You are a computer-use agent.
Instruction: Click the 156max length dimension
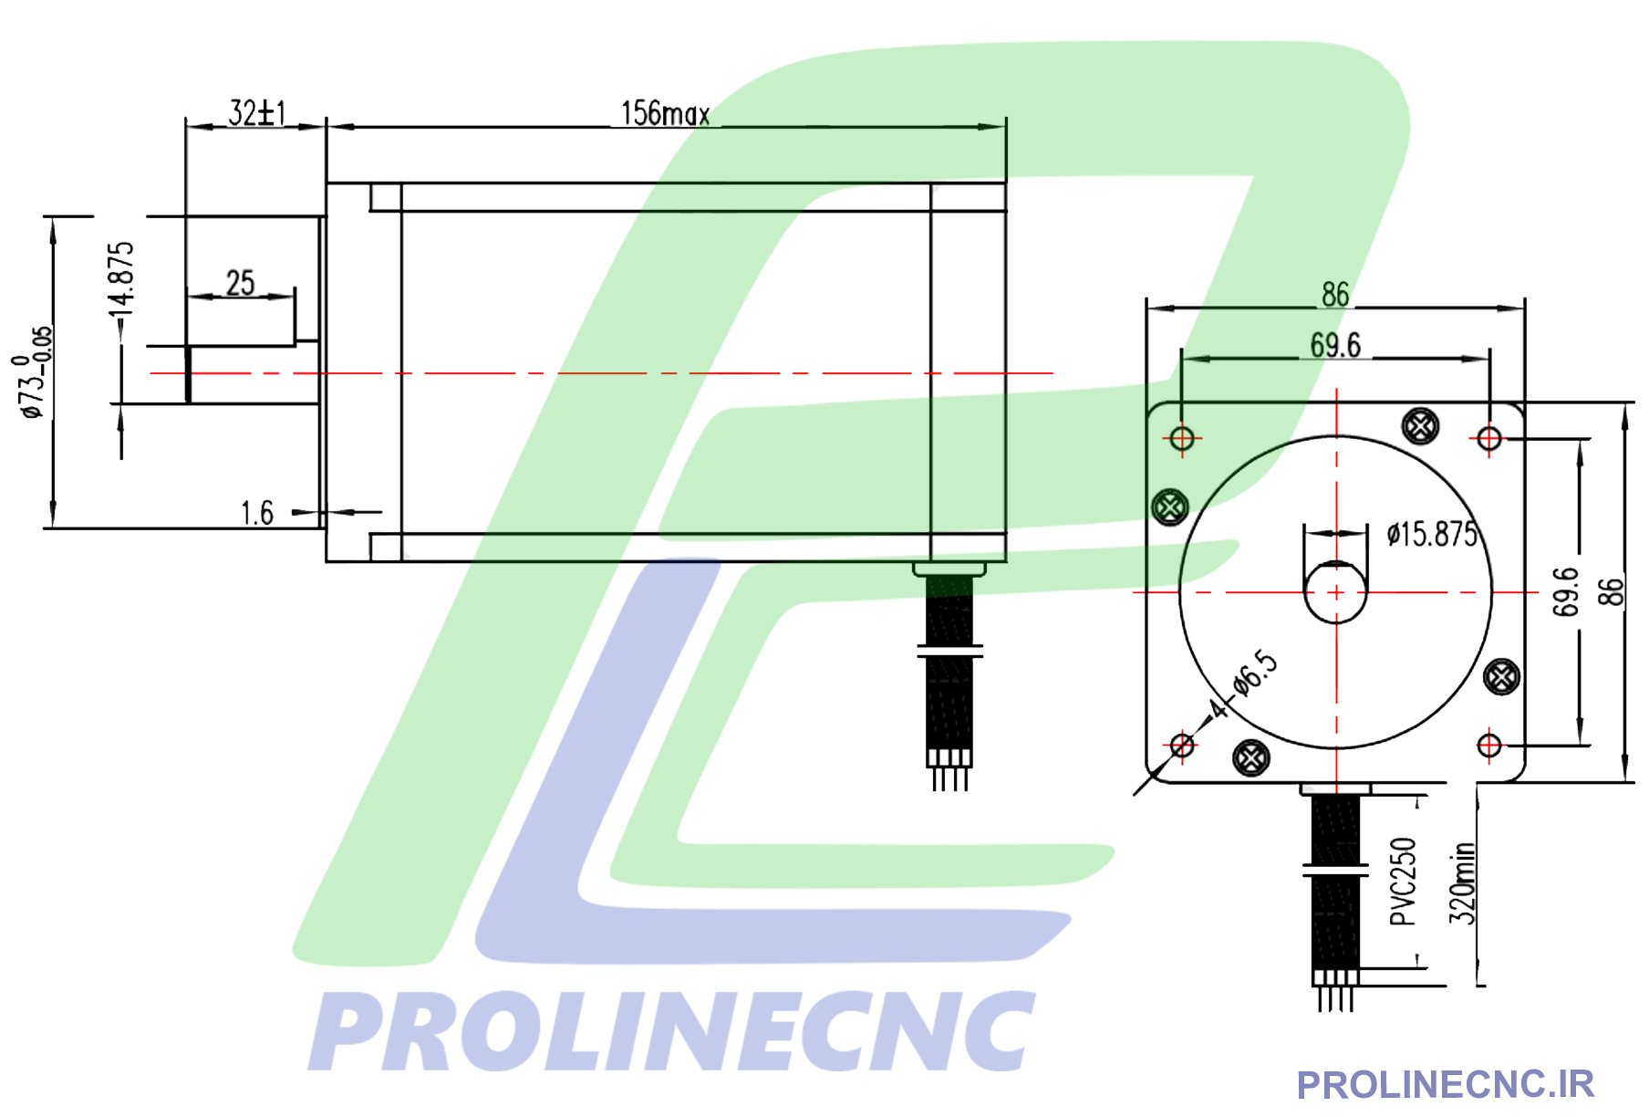pyautogui.click(x=665, y=114)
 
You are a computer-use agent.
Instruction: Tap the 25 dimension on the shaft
pyautogui.click(x=240, y=283)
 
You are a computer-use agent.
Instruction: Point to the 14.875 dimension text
pyautogui.click(x=121, y=279)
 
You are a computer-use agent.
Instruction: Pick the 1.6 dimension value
pyautogui.click(x=256, y=513)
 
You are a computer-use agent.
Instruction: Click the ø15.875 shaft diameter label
pyautogui.click(x=1431, y=534)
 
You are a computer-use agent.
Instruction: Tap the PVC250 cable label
pyautogui.click(x=1403, y=882)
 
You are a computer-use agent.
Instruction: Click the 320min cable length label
pyautogui.click(x=1461, y=883)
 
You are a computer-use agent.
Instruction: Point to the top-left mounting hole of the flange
pyautogui.click(x=1182, y=439)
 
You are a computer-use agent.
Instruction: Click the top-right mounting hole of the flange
pyautogui.click(x=1489, y=439)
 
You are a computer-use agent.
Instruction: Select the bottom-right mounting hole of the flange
pyautogui.click(x=1489, y=746)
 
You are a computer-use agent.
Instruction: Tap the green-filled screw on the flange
pyautogui.click(x=1170, y=506)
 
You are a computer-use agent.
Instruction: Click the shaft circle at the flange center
pyautogui.click(x=1336, y=592)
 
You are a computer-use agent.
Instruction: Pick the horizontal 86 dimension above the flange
pyautogui.click(x=1335, y=295)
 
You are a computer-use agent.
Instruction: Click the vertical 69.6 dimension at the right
pyautogui.click(x=1565, y=591)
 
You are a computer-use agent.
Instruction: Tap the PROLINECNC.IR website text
pyautogui.click(x=1445, y=1085)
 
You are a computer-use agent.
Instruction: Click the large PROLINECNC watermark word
pyautogui.click(x=672, y=1032)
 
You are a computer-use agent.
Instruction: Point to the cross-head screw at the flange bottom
pyautogui.click(x=1250, y=757)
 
